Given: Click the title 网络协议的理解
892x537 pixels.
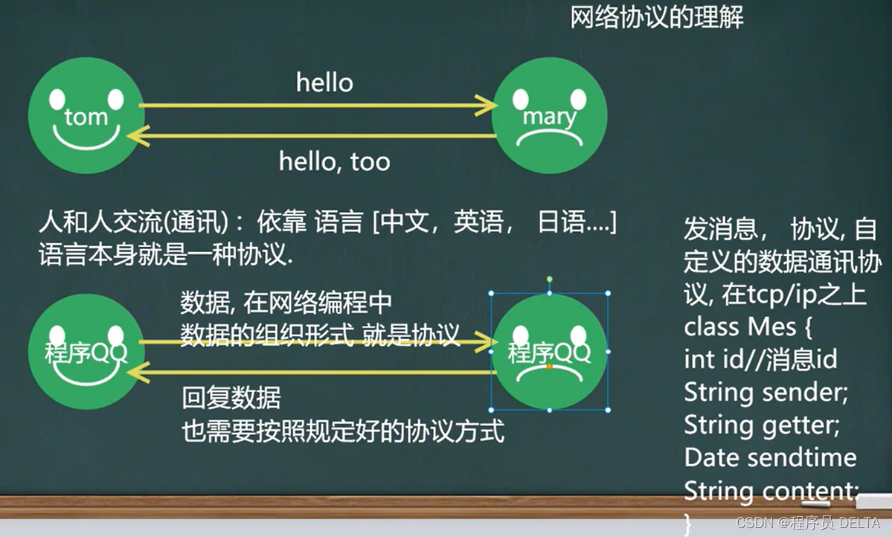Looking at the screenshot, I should pyautogui.click(x=657, y=17).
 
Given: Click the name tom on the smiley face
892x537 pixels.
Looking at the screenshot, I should pyautogui.click(x=86, y=117).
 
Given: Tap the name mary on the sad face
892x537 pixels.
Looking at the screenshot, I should pyautogui.click(x=549, y=117).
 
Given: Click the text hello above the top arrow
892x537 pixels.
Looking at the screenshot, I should pyautogui.click(x=324, y=83).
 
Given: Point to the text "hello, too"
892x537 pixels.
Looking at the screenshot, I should pyautogui.click(x=334, y=161).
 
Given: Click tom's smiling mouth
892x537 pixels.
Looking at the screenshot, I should pyautogui.click(x=86, y=138).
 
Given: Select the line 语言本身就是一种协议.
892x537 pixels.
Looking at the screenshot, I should pyautogui.click(x=166, y=255).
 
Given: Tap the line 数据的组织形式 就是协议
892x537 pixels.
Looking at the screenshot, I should pyautogui.click(x=320, y=335).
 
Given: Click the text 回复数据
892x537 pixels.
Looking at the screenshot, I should pyautogui.click(x=231, y=399).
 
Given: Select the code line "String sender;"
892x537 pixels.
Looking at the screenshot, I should pyautogui.click(x=766, y=392).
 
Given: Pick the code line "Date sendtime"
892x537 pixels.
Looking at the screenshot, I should pyautogui.click(x=770, y=457).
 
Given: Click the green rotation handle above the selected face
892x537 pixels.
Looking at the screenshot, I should pyautogui.click(x=550, y=279).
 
